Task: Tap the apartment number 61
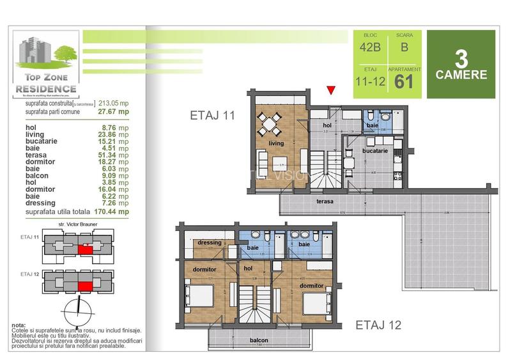tap(403, 81)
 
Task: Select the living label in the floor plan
tap(275, 144)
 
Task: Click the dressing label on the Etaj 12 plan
tap(210, 243)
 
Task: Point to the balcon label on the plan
tap(259, 340)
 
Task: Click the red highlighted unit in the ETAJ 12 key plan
tap(84, 286)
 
